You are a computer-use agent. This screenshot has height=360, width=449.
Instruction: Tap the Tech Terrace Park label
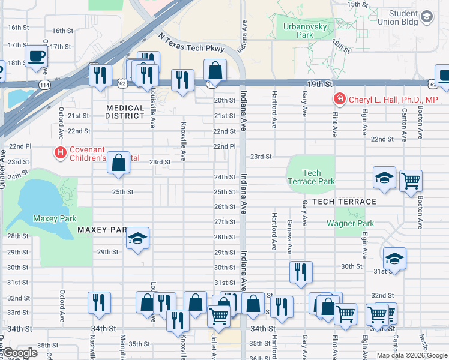[x=311, y=177]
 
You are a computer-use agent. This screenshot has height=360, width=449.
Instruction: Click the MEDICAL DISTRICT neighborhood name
[x=125, y=112]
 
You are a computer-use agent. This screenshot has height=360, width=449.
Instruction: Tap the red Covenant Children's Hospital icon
[x=60, y=153]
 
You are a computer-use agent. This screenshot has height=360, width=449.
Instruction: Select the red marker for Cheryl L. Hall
[x=340, y=99]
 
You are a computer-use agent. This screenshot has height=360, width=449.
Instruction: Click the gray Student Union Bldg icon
[x=427, y=16]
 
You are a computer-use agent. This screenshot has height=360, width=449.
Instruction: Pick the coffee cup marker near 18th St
[x=36, y=57]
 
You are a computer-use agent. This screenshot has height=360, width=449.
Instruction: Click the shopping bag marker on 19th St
[x=215, y=71]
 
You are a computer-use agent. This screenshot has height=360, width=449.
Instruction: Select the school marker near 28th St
[x=138, y=239]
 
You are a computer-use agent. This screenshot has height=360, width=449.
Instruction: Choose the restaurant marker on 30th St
[x=301, y=271]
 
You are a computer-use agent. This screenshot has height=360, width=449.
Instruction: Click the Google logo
[x=20, y=353]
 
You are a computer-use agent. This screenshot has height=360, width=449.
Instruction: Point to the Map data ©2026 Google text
[x=411, y=355]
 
